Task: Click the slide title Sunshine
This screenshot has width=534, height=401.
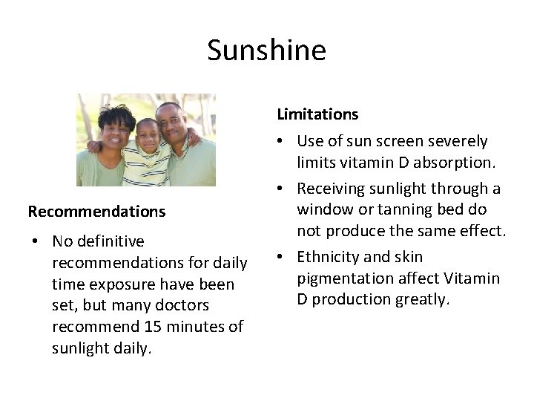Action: (x=266, y=50)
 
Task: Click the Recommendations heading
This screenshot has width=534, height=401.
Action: (x=96, y=212)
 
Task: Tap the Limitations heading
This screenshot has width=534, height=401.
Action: (x=317, y=114)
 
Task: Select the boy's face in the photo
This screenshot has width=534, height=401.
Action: (x=149, y=136)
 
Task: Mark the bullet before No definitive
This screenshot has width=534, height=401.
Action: (x=36, y=242)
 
